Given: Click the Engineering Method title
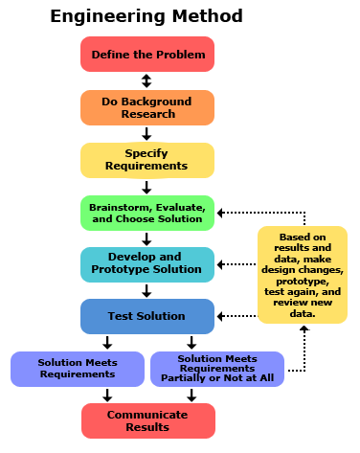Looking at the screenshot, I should point(146,16).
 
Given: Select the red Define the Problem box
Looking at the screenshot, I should point(147,55).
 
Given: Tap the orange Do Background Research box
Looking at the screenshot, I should point(147,107).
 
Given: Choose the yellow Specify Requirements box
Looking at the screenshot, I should point(147,160).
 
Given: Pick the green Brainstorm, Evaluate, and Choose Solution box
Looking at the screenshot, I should point(147,213).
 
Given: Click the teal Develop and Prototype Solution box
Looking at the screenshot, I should point(147,263).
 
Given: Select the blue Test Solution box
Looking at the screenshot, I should point(147,316).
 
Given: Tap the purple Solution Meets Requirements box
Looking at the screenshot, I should point(79,369).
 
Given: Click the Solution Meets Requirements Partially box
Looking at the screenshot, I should point(216,369).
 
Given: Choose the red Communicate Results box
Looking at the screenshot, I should point(147,420).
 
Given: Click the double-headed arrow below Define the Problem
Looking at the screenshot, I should point(146,81).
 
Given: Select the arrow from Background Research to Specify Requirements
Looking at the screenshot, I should point(146,134).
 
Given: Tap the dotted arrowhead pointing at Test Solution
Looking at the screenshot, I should point(222,315).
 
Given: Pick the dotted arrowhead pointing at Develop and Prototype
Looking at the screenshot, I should point(222,263).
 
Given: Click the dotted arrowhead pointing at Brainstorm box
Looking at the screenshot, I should point(222,212).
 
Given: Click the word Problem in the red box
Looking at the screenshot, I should point(179,55).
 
